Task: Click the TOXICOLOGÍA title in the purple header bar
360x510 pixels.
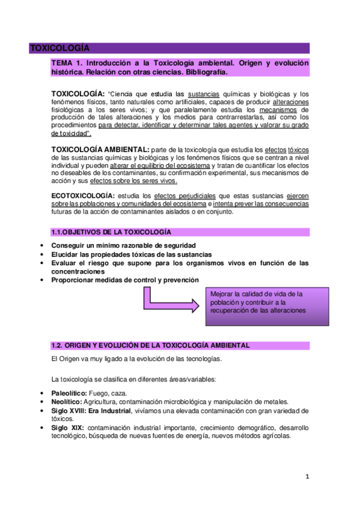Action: [x=59, y=48]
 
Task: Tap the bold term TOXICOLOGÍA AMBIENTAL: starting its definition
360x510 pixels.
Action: [x=101, y=149]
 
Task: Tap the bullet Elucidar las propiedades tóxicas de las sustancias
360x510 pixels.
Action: [x=132, y=254]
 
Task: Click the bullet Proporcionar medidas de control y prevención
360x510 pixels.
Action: [x=124, y=280]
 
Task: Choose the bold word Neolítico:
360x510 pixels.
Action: [x=67, y=402]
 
